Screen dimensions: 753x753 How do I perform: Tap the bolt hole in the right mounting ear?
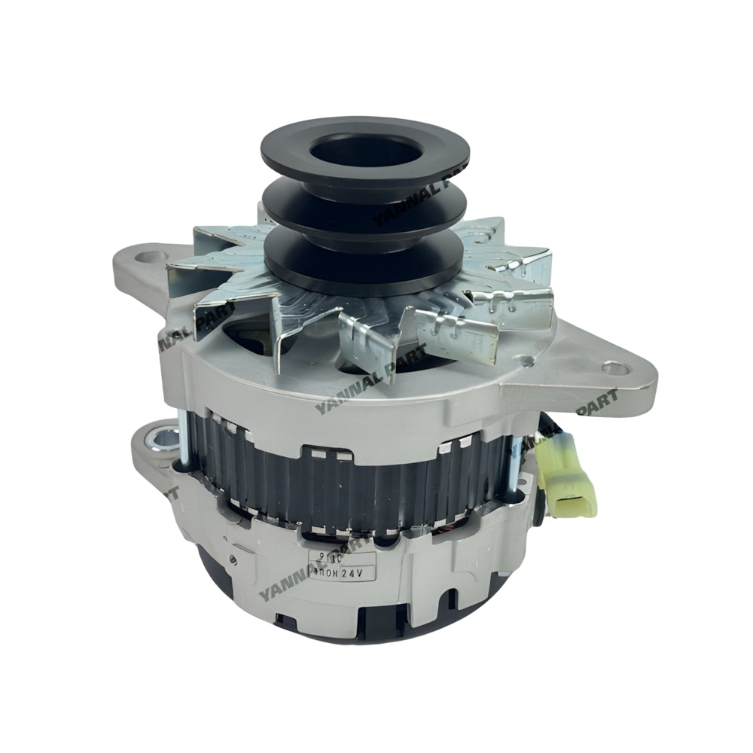point(616,369)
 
